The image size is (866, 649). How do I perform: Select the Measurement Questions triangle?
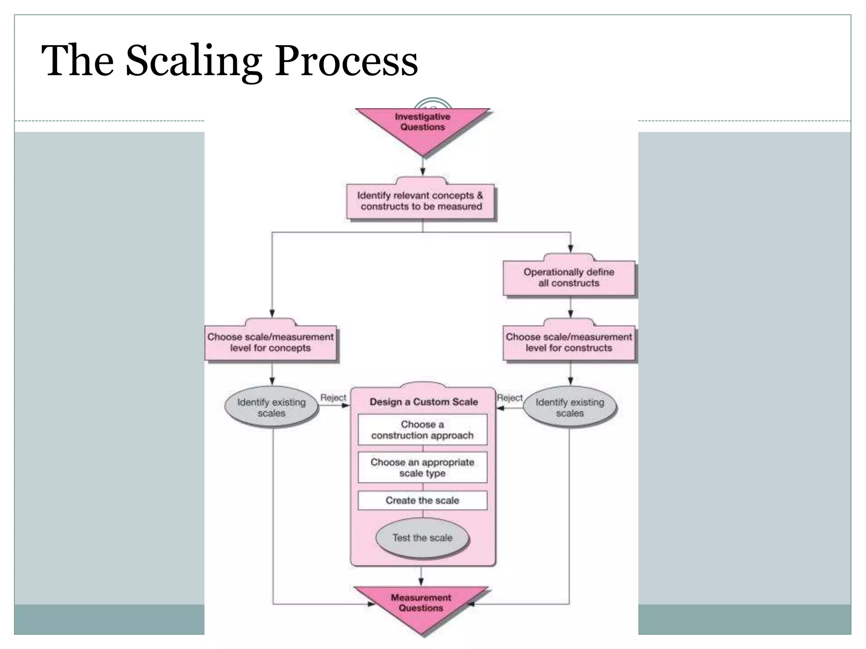[x=421, y=604]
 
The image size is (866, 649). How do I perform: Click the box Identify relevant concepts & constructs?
[x=420, y=201]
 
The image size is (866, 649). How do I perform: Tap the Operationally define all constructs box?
[x=569, y=278]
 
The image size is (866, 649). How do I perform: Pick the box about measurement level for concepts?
[x=271, y=343]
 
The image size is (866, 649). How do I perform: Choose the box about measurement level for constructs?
[x=569, y=343]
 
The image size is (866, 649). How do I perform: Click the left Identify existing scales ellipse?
[x=271, y=407]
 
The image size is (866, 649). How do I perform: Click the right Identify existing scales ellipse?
[x=570, y=407]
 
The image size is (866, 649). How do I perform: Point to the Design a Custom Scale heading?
[x=423, y=402]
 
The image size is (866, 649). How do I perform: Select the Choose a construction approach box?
[x=422, y=430]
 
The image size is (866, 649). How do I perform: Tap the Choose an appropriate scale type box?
[x=422, y=467]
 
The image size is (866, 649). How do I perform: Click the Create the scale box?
[x=422, y=500]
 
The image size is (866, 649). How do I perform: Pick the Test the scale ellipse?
[x=422, y=538]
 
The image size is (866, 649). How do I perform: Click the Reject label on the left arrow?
[x=333, y=398]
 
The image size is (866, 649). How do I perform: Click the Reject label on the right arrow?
[x=510, y=398]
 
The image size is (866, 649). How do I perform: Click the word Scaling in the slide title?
[x=194, y=61]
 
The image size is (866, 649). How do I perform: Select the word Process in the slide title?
[x=346, y=61]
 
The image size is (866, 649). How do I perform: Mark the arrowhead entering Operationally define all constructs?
[x=570, y=249]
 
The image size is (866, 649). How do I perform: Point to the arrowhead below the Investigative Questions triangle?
[x=422, y=171]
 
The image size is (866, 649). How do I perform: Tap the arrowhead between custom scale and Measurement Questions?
[x=421, y=582]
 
